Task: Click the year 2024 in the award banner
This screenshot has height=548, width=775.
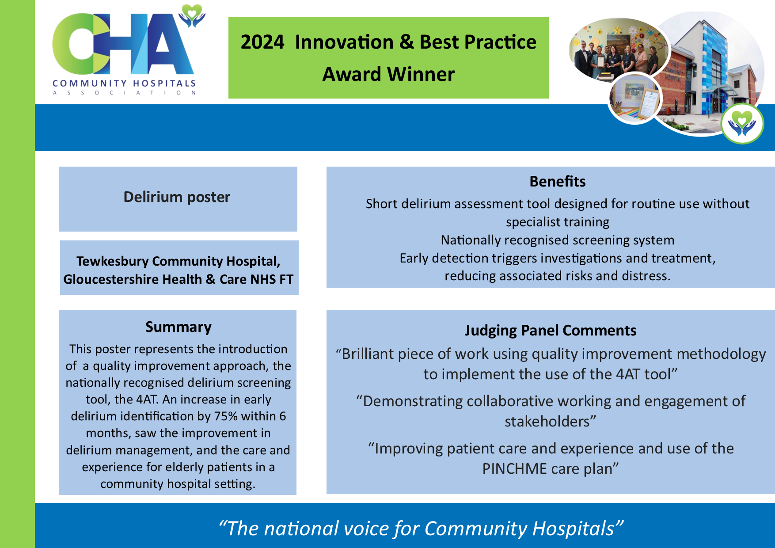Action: point(262,42)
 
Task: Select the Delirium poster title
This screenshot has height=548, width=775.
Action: point(177,197)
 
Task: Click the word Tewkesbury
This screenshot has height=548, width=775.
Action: point(112,261)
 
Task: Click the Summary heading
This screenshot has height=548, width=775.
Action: point(179,327)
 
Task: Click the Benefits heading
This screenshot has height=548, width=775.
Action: point(558,182)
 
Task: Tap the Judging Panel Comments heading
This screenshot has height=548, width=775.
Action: point(551,331)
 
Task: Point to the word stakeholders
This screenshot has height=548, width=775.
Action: point(547,422)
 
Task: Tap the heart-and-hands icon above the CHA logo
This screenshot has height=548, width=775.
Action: point(192,15)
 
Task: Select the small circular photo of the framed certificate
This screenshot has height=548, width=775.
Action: point(635,99)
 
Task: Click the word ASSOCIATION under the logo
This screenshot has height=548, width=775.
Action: point(124,93)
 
